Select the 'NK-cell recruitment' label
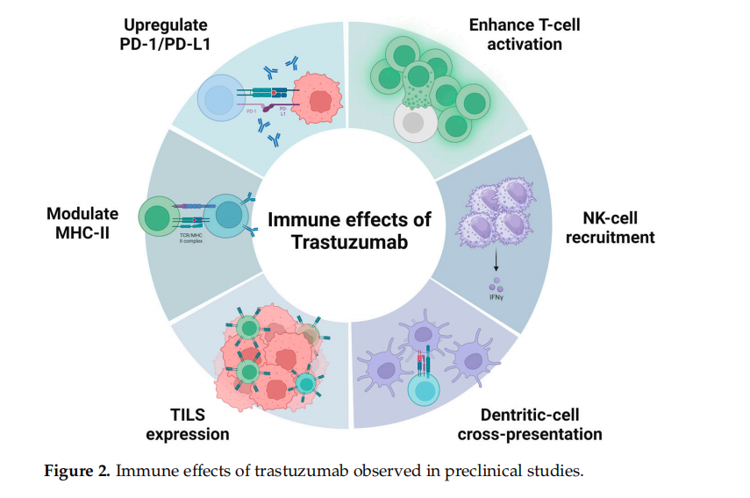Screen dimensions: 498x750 tap(618, 227)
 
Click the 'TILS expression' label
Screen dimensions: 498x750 tap(188, 424)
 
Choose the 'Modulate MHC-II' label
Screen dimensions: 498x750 tap(82, 227)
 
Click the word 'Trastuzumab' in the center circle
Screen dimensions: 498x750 tap(349, 241)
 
